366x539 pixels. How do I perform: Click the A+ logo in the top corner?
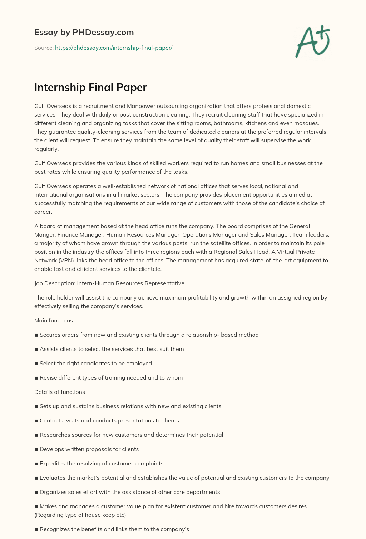pyautogui.click(x=313, y=41)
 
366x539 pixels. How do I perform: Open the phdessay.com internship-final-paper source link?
pyautogui.click(x=114, y=48)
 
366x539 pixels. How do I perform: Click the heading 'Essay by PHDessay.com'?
pyautogui.click(x=84, y=32)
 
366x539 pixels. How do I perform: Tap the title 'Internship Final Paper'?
pyautogui.click(x=90, y=88)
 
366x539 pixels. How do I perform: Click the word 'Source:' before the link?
pyautogui.click(x=44, y=48)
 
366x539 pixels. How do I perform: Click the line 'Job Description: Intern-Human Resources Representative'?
pyautogui.click(x=109, y=283)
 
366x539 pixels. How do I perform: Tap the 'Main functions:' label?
pyautogui.click(x=54, y=320)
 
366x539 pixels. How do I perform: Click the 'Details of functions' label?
pyautogui.click(x=60, y=392)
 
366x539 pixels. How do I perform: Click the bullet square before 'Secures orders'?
pyautogui.click(x=36, y=335)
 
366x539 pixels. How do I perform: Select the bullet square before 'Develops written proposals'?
pyautogui.click(x=36, y=449)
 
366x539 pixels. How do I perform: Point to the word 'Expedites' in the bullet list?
pyautogui.click(x=52, y=463)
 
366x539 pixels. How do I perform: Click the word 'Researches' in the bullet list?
pyautogui.click(x=55, y=435)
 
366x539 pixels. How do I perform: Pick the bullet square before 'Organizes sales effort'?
pyautogui.click(x=36, y=492)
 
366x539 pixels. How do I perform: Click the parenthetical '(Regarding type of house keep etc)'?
pyautogui.click(x=80, y=515)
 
